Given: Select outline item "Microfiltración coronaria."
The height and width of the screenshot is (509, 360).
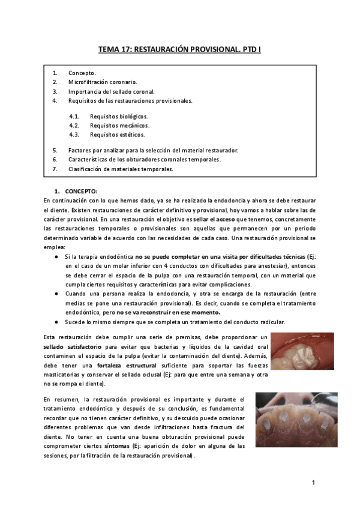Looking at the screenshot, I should [x=103, y=82].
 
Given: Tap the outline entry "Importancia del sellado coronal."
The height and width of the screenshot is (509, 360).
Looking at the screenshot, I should [x=111, y=91].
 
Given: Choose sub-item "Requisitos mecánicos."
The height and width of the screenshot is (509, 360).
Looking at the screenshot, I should [x=119, y=125].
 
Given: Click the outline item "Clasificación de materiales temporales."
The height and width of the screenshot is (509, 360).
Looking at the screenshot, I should [x=121, y=169].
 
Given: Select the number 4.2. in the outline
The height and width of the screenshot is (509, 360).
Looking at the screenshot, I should [x=74, y=125].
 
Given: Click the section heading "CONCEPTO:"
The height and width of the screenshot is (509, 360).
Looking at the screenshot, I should [x=81, y=191].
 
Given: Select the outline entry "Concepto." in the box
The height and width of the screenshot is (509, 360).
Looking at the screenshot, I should [x=82, y=73].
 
